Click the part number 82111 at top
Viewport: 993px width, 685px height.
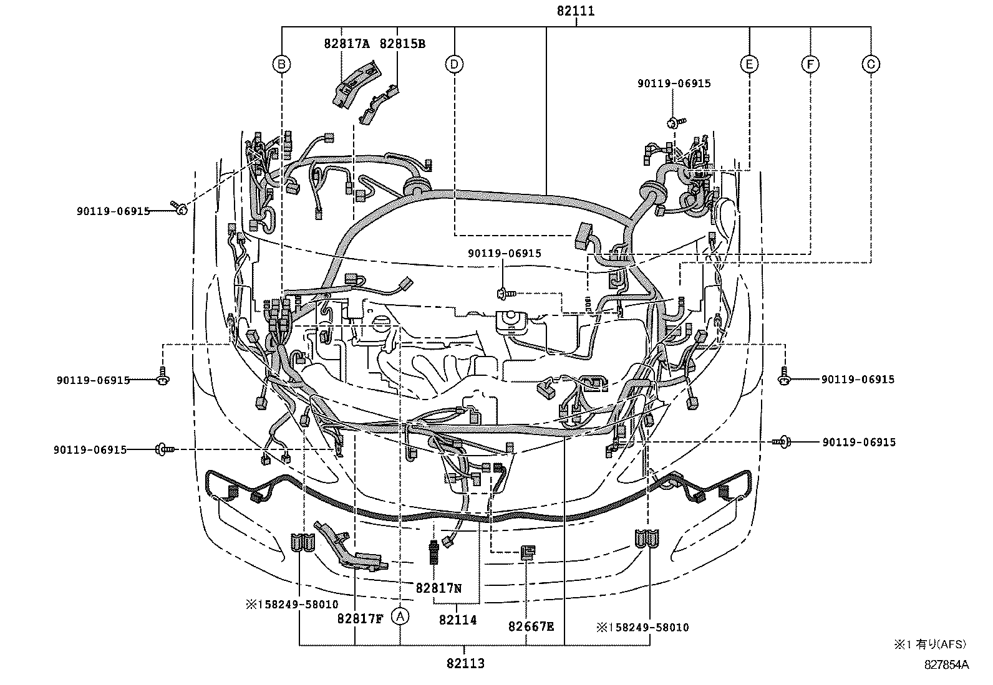pyautogui.click(x=575, y=11)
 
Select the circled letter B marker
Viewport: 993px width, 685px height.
pyautogui.click(x=282, y=64)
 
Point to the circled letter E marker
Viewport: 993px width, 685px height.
pyautogui.click(x=749, y=64)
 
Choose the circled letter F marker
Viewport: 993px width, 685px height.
pyautogui.click(x=810, y=64)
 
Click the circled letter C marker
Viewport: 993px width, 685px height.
pyautogui.click(x=870, y=64)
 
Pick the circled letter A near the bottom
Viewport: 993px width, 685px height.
pyautogui.click(x=400, y=616)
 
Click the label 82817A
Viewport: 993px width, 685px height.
pyautogui.click(x=347, y=44)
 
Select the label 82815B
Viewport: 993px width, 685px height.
pyautogui.click(x=403, y=44)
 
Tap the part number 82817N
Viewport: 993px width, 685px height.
pyautogui.click(x=438, y=587)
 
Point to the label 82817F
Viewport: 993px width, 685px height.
pyautogui.click(x=359, y=619)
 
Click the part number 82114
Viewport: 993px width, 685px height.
pyautogui.click(x=458, y=620)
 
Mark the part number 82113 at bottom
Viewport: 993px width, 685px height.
pyautogui.click(x=465, y=664)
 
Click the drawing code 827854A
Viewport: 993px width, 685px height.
pyautogui.click(x=946, y=665)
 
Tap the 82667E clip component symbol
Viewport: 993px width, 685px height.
pyautogui.click(x=527, y=551)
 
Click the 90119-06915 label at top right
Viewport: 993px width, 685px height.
pyautogui.click(x=674, y=84)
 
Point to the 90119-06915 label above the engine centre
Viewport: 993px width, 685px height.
pyautogui.click(x=505, y=254)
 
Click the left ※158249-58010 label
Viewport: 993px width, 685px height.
pyautogui.click(x=291, y=605)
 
